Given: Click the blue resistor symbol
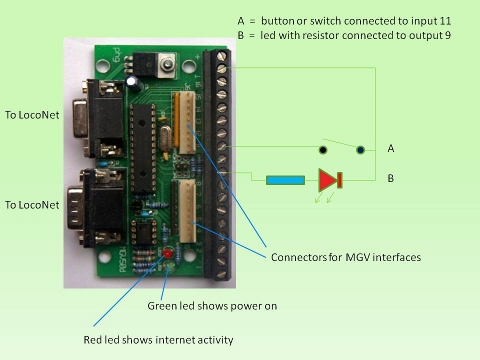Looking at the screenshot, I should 286,181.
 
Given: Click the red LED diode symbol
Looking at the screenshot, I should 329,181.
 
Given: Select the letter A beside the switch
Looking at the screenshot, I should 392,148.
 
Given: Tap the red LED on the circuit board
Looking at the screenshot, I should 165,250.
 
